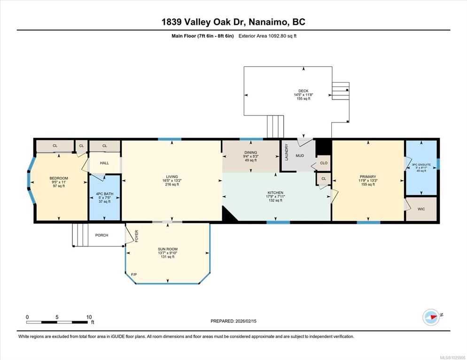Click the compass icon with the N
click(x=431, y=317)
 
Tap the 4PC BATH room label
click(x=105, y=194)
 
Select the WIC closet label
click(x=421, y=209)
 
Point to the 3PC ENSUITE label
click(x=421, y=165)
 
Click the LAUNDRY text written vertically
click(x=287, y=152)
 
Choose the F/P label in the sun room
click(x=134, y=274)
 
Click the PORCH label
click(x=101, y=235)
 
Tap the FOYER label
click(x=137, y=236)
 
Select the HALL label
click(x=105, y=163)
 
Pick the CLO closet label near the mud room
click(x=324, y=163)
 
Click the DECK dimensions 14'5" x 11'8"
click(x=304, y=95)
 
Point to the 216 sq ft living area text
click(x=172, y=184)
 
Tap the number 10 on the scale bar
click(x=89, y=317)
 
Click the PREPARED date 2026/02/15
click(x=246, y=321)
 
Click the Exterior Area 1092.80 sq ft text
click(x=267, y=36)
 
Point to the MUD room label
click(x=300, y=156)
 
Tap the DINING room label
click(x=251, y=153)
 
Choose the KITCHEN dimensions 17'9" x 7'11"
click(x=275, y=197)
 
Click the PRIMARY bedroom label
click(x=368, y=177)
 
